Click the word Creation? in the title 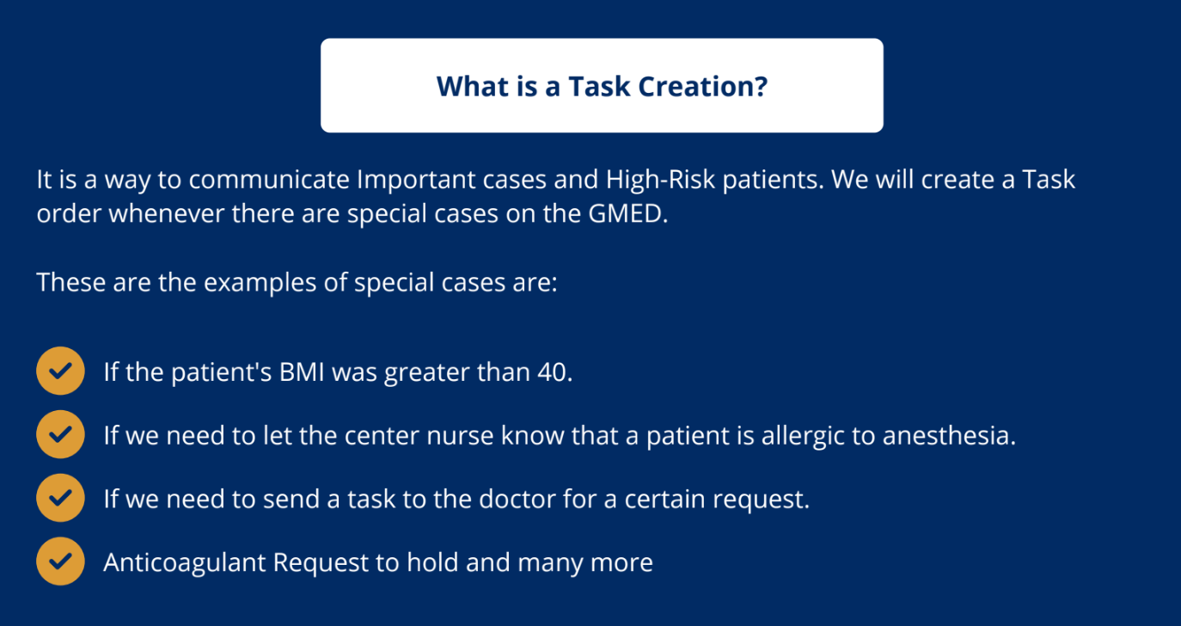703,87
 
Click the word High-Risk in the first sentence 660,180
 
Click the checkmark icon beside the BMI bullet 61,371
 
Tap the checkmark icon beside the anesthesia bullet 61,434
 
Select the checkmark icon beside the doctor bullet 61,497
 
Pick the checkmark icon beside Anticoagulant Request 61,562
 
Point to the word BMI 302,372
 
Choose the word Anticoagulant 185,562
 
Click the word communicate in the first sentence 269,180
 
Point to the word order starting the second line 69,213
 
